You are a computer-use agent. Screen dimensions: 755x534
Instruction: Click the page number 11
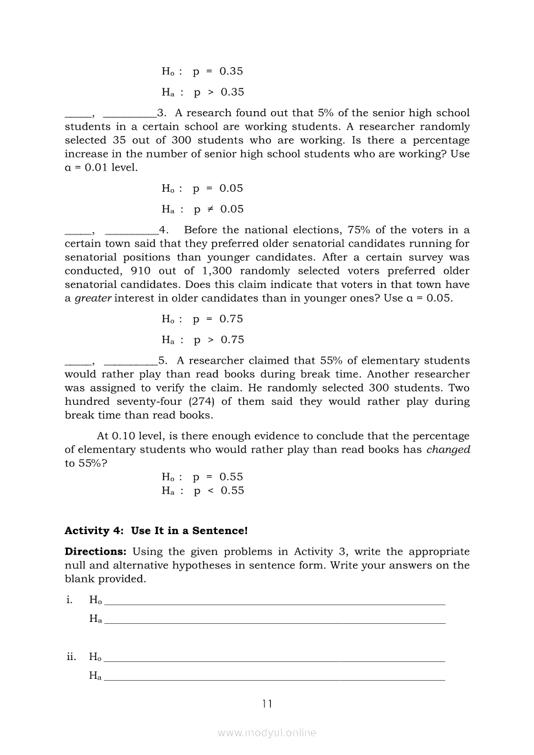pos(267,704)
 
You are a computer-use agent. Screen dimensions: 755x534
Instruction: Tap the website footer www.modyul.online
pos(267,733)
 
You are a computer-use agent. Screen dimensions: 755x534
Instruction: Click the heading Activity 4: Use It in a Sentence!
pos(156,531)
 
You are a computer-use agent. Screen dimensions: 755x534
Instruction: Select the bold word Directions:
pos(96,552)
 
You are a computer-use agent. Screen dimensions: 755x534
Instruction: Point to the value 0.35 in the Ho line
pos(231,72)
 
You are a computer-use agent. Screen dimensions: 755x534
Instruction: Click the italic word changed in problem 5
pos(448,450)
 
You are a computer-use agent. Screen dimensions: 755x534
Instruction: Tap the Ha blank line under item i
pos(275,623)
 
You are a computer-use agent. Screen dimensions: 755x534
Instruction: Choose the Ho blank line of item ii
pos(275,661)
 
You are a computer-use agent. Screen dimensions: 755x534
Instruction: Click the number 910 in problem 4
pos(141,271)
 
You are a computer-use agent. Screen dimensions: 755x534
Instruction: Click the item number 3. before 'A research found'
pos(162,113)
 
